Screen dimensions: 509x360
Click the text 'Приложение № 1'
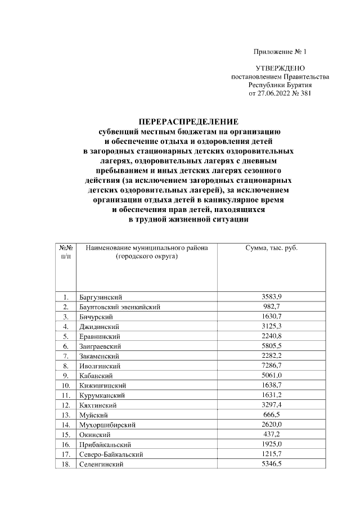279,52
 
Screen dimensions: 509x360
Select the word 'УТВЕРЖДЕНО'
280,68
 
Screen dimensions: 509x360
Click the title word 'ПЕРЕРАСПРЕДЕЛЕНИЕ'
188,121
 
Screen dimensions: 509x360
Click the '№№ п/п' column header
66,252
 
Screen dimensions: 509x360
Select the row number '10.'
66,386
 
